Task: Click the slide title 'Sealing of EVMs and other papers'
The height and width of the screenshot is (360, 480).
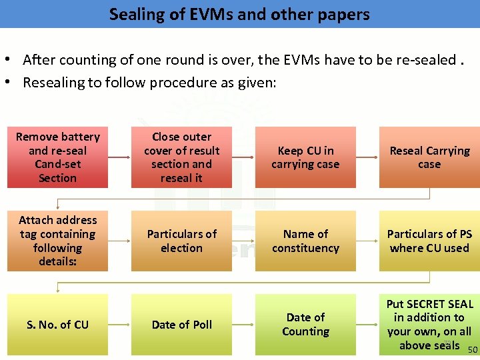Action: coord(239,14)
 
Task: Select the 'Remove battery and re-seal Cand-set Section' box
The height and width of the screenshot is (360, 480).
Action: coord(57,157)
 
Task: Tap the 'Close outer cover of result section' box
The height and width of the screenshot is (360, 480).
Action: coord(181,157)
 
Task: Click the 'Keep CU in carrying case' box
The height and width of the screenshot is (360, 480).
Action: coord(305,157)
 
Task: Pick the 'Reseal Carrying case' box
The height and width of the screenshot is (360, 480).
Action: coord(429,157)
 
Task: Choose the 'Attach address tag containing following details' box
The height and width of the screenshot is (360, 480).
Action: coord(57,241)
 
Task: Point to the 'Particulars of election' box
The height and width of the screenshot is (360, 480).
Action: coord(181,241)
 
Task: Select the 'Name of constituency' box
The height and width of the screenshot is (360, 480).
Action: coord(305,241)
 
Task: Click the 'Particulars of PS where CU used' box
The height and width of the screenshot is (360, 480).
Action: coord(429,241)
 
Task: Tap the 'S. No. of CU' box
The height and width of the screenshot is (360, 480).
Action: coord(57,325)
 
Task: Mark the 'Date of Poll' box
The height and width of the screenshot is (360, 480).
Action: coord(181,325)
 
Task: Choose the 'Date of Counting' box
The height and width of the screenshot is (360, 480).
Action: coord(305,325)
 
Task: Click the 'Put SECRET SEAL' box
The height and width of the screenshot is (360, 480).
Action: coord(429,325)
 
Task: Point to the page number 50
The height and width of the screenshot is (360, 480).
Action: coord(473,350)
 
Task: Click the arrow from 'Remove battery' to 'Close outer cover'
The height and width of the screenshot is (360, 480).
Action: coord(119,157)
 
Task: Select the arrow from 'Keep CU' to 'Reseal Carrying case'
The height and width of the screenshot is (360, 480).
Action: coord(367,157)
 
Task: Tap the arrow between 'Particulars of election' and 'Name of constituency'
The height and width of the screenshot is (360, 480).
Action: coord(243,241)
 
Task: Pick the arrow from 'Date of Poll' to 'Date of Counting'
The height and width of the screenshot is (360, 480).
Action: coord(243,325)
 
